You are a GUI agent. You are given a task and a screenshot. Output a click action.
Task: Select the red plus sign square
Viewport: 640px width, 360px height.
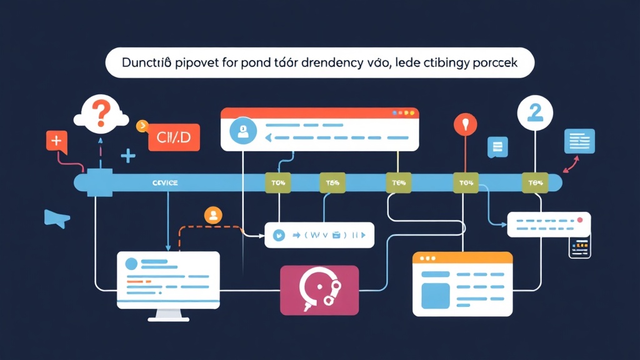[56, 141]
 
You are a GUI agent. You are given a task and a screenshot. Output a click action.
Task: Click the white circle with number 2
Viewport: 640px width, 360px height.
[536, 112]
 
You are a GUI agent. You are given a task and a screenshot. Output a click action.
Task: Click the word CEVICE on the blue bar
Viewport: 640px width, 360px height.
[165, 182]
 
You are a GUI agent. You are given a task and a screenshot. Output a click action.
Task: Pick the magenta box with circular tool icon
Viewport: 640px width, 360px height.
[319, 289]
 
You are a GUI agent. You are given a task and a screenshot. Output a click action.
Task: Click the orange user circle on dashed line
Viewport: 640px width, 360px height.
[213, 216]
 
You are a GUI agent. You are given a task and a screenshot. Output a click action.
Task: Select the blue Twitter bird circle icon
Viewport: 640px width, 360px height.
[279, 236]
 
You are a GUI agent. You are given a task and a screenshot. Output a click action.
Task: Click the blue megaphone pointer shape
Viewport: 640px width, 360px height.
[55, 217]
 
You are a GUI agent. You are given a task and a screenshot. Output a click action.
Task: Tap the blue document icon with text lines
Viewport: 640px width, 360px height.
[579, 141]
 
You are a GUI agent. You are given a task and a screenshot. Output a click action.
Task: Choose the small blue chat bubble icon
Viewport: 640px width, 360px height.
[498, 147]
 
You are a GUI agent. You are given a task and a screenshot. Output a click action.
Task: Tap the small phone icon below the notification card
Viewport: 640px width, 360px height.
[579, 247]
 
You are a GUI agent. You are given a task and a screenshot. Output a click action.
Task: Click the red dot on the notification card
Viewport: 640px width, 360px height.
[581, 220]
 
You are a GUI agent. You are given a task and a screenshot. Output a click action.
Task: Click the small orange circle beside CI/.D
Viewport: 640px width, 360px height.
[141, 126]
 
